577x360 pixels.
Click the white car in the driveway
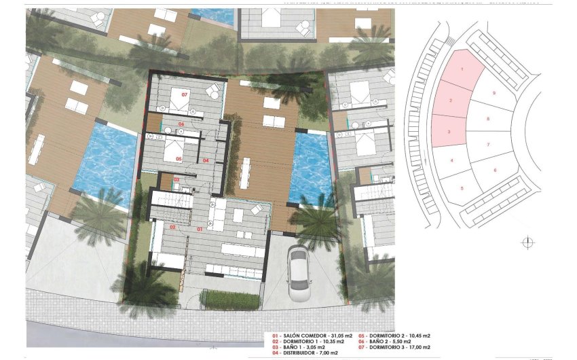coord(298,273)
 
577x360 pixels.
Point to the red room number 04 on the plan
coord(206,160)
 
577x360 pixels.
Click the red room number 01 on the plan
coord(200,230)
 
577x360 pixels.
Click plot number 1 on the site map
coord(462,69)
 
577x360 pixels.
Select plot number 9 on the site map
coord(494,92)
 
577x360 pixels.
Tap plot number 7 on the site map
coord(488,145)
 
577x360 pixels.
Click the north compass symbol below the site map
coord(527,242)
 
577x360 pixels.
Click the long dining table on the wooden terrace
coord(244,173)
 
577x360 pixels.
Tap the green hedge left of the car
coord(231,299)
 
